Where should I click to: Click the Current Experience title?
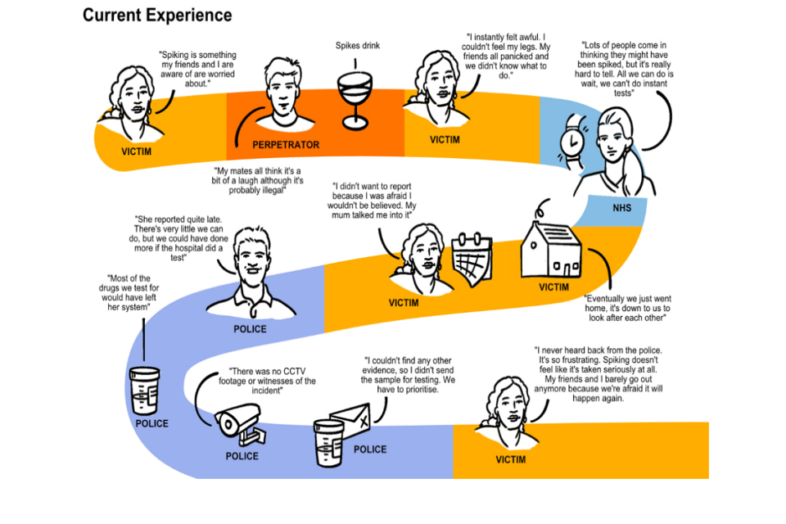157,16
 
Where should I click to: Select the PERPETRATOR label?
286,145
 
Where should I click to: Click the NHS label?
622,208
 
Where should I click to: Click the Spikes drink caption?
358,46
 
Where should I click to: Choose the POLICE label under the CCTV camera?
242,456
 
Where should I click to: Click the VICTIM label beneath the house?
553,287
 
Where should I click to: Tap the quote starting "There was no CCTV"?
261,381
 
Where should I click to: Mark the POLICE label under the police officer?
250,329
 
